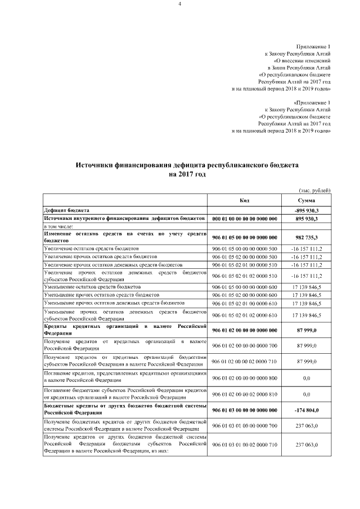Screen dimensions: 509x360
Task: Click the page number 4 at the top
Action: point(180,4)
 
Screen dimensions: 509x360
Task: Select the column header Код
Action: point(244,200)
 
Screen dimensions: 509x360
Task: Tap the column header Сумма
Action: point(307,200)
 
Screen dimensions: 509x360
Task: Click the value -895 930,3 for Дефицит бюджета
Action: point(307,210)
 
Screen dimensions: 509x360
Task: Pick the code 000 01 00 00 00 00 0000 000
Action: point(244,218)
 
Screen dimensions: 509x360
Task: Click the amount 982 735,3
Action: point(307,238)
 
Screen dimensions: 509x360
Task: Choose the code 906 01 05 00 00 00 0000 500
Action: point(244,248)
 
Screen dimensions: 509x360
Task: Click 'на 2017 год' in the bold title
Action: point(179,175)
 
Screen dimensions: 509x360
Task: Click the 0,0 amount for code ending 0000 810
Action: point(307,395)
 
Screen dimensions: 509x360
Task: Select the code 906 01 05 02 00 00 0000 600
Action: point(244,295)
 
